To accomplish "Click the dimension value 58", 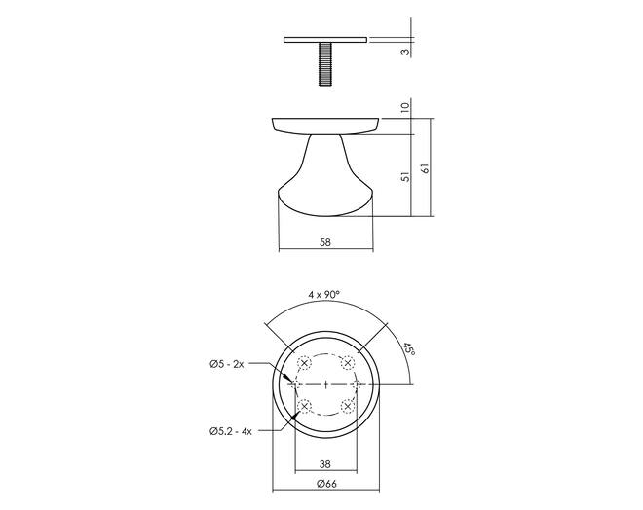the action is (324, 242).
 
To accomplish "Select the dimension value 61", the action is (426, 168).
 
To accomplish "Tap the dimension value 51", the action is (405, 177).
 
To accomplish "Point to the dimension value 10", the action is (405, 107).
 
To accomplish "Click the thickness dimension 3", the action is (405, 52).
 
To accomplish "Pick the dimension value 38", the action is (324, 464).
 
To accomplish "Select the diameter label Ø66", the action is (326, 484).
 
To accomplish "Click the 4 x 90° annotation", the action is (324, 294).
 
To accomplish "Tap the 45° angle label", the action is (409, 349).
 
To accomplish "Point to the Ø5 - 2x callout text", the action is (227, 364).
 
